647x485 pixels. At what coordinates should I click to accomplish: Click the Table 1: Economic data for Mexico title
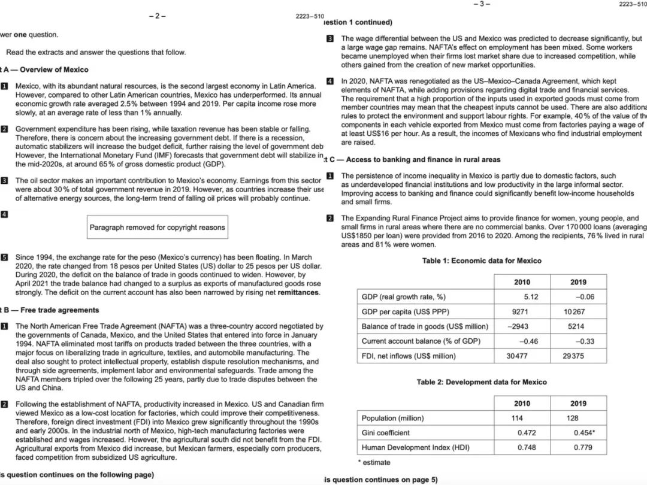(481, 260)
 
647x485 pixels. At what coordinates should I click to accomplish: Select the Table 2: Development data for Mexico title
(481, 382)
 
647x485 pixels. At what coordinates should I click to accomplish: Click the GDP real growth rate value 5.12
(530, 297)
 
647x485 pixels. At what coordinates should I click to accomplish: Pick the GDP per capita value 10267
(574, 312)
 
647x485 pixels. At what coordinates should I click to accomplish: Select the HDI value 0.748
(527, 447)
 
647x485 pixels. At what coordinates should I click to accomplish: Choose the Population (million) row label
(392, 418)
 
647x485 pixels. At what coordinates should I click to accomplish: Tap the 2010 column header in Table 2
(521, 404)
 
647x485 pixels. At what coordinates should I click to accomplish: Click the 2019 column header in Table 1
(578, 282)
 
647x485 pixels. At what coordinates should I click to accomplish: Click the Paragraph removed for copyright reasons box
(157, 228)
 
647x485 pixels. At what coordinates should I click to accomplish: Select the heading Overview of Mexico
(54, 69)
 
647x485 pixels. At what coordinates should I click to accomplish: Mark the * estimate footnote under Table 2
(374, 462)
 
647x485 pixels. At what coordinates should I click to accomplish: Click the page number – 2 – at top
(157, 16)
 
